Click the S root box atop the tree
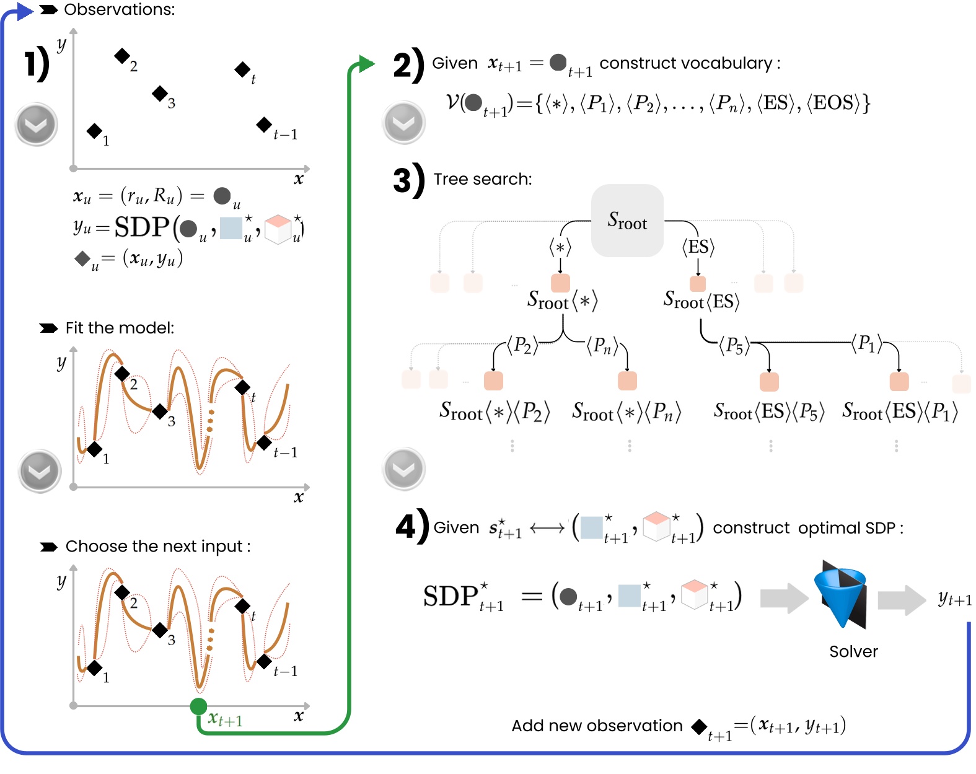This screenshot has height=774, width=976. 627,221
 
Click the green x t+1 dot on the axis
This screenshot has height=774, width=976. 198,706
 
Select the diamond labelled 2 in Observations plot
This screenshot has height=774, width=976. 122,56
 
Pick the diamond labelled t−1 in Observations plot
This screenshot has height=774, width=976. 264,125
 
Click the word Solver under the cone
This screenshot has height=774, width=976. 853,651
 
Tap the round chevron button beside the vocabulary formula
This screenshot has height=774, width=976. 404,123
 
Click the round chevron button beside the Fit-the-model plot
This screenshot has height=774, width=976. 40,471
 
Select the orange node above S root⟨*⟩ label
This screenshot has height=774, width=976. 560,283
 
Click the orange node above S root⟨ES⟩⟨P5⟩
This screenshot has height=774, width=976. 769,381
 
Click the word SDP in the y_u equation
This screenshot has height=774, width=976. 142,227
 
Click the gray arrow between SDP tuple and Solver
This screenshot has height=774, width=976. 783,599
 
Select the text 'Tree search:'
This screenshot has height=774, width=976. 482,179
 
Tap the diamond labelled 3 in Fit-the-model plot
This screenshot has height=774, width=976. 160,411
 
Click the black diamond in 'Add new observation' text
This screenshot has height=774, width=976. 700,726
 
